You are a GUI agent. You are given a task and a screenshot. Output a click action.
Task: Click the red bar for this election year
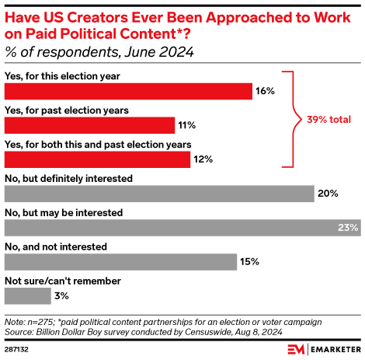(x=128, y=91)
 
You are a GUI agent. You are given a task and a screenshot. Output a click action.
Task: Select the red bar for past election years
(x=89, y=125)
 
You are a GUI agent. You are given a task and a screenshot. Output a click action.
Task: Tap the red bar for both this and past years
(x=97, y=159)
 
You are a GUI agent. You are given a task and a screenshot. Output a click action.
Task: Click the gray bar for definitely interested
(x=159, y=194)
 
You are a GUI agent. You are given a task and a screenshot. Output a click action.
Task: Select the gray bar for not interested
(x=120, y=262)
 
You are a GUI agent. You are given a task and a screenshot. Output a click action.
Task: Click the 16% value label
(x=266, y=91)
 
